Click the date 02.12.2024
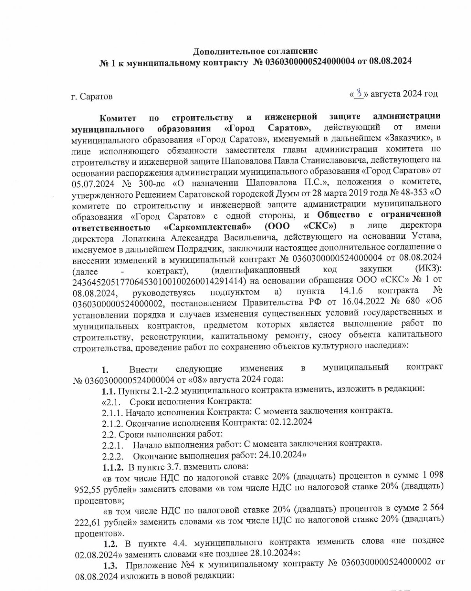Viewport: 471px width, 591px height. tap(291, 422)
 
